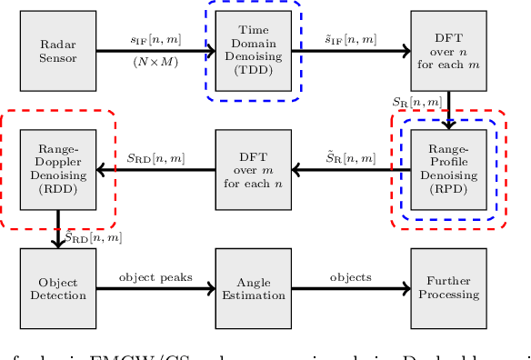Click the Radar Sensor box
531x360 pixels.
[x=58, y=51]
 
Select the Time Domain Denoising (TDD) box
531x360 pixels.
[x=254, y=51]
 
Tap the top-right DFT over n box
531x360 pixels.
[x=448, y=51]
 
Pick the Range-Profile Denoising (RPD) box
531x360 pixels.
[x=448, y=169]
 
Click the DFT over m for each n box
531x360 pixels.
[x=254, y=169]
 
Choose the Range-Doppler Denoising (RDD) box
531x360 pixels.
[x=58, y=169]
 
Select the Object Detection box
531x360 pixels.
[x=58, y=288]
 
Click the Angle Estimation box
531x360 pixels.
[x=254, y=288]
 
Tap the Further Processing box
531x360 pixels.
[x=448, y=288]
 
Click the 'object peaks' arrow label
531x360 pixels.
[x=155, y=277]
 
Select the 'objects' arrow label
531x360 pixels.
[x=350, y=277]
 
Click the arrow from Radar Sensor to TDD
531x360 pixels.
[x=155, y=51]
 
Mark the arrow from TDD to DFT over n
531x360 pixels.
[x=351, y=51]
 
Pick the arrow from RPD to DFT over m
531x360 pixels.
[x=351, y=169]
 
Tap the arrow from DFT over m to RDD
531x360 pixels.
[x=155, y=169]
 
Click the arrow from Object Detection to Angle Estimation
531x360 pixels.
[x=155, y=289]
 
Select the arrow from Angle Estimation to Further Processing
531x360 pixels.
[x=351, y=289]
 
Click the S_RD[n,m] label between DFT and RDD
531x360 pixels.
[x=155, y=158]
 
